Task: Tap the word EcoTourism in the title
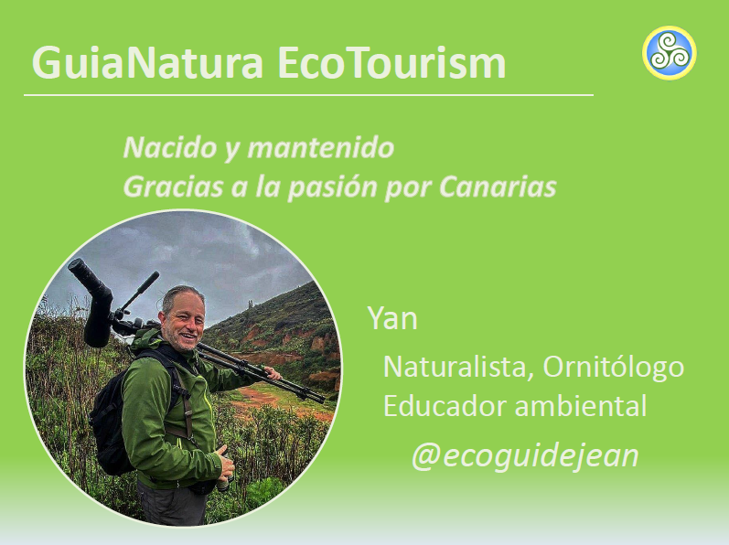tap(391, 62)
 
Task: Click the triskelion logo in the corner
tap(670, 52)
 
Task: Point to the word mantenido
tap(321, 147)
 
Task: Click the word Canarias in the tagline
tap(498, 187)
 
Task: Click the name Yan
tap(392, 318)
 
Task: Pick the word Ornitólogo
tap(613, 368)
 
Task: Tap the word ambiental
tap(581, 406)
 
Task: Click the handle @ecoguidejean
tap(525, 455)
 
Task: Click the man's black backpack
tap(111, 412)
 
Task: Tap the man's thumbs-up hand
tap(225, 465)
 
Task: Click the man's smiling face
tap(185, 322)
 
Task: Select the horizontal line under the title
tap(309, 95)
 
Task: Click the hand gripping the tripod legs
tap(272, 372)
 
